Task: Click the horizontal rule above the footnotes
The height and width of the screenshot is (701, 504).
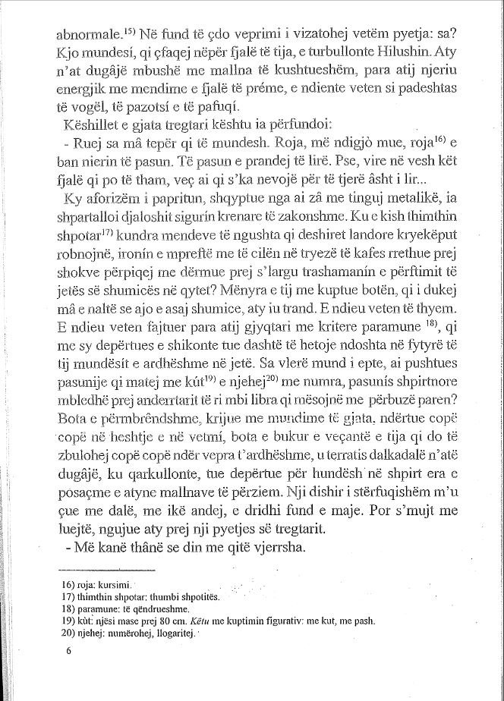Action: click(106, 571)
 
